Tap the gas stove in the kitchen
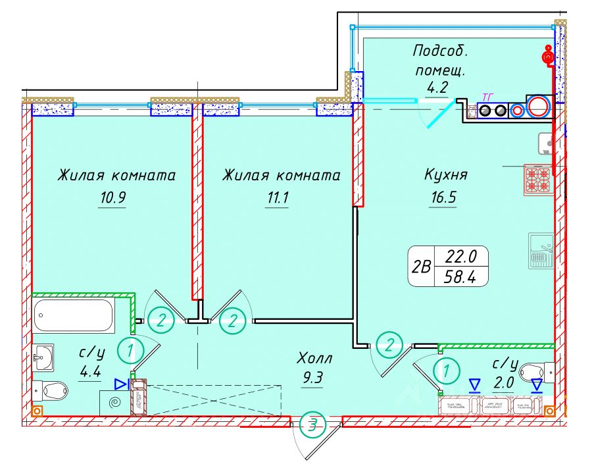pos(538,179)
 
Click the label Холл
pos(315,359)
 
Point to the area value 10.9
pos(112,199)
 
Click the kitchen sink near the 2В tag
pos(541,251)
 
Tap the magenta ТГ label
pos(487,97)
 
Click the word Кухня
pos(445,175)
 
